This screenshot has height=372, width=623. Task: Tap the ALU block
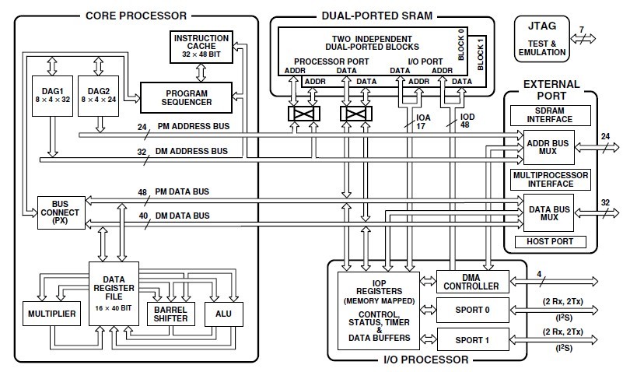pyautogui.click(x=223, y=313)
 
